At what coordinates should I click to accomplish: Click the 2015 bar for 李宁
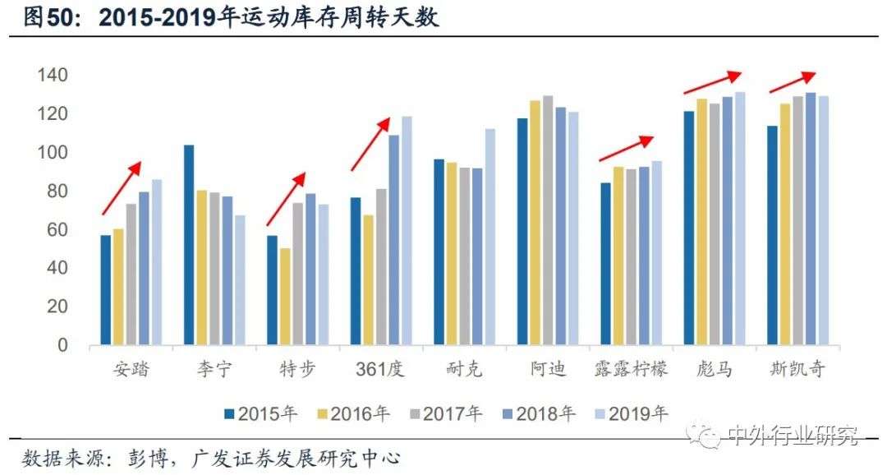189,245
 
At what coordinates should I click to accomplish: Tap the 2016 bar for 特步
285,296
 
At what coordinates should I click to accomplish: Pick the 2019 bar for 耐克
489,237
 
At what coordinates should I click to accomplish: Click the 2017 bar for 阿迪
548,220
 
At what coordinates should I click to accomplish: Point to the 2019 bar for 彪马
739,219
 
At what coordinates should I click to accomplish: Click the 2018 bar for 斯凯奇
810,219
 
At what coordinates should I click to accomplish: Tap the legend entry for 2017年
444,414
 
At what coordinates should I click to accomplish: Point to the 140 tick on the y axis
52,76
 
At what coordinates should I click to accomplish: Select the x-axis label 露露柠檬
631,369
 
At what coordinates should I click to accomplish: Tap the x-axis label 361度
379,369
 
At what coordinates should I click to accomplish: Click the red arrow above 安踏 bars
122,187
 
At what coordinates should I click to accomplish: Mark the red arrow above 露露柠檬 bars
626,149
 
